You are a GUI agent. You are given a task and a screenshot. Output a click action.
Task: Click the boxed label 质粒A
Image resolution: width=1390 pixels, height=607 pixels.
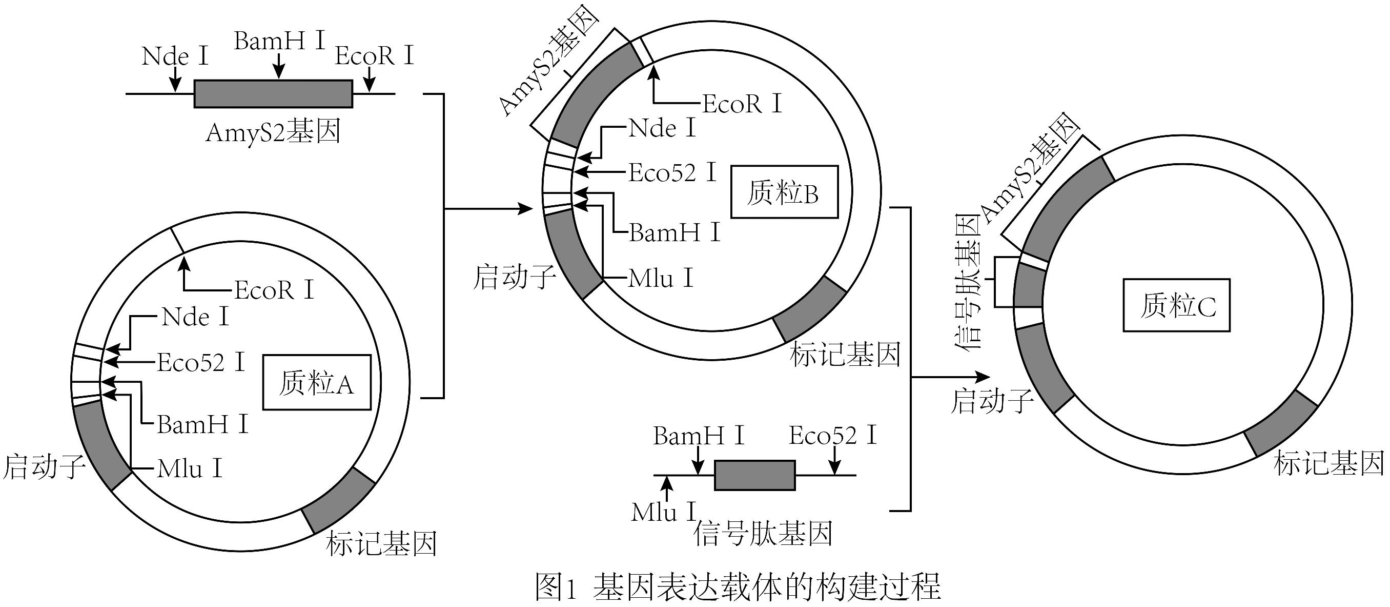[x=317, y=382]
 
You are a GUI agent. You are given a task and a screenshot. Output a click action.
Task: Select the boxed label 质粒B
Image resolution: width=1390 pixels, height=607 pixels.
[x=784, y=192]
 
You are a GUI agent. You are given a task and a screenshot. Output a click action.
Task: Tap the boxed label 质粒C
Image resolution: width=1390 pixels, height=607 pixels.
[x=1176, y=306]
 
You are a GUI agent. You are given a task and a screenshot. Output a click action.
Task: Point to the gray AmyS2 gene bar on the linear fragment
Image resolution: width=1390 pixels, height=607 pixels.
[x=273, y=94]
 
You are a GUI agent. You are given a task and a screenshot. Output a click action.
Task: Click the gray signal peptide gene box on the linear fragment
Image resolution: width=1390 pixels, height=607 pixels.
[x=754, y=475]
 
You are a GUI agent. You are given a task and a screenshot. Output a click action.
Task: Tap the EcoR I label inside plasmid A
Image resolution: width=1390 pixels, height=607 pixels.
[x=274, y=290]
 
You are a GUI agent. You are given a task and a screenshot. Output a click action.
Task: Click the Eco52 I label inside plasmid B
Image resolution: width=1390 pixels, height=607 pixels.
[x=672, y=173]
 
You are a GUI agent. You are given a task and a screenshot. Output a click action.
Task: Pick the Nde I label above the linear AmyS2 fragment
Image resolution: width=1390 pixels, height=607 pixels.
[x=174, y=56]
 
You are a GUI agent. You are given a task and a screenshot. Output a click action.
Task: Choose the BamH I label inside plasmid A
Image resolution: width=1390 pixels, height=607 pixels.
[x=202, y=424]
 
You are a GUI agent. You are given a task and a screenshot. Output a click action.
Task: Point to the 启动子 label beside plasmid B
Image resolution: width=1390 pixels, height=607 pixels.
[x=514, y=277]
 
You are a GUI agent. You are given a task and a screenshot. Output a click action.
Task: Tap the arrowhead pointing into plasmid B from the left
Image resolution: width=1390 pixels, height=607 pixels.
[x=526, y=208]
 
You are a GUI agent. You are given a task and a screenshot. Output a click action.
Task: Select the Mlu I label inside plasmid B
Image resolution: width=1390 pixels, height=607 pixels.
[x=661, y=278]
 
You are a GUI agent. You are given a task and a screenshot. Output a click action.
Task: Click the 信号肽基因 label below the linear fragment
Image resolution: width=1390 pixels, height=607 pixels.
[x=763, y=534]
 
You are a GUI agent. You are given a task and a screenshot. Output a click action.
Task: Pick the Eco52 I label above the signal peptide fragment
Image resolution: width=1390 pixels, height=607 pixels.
[x=832, y=435]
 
